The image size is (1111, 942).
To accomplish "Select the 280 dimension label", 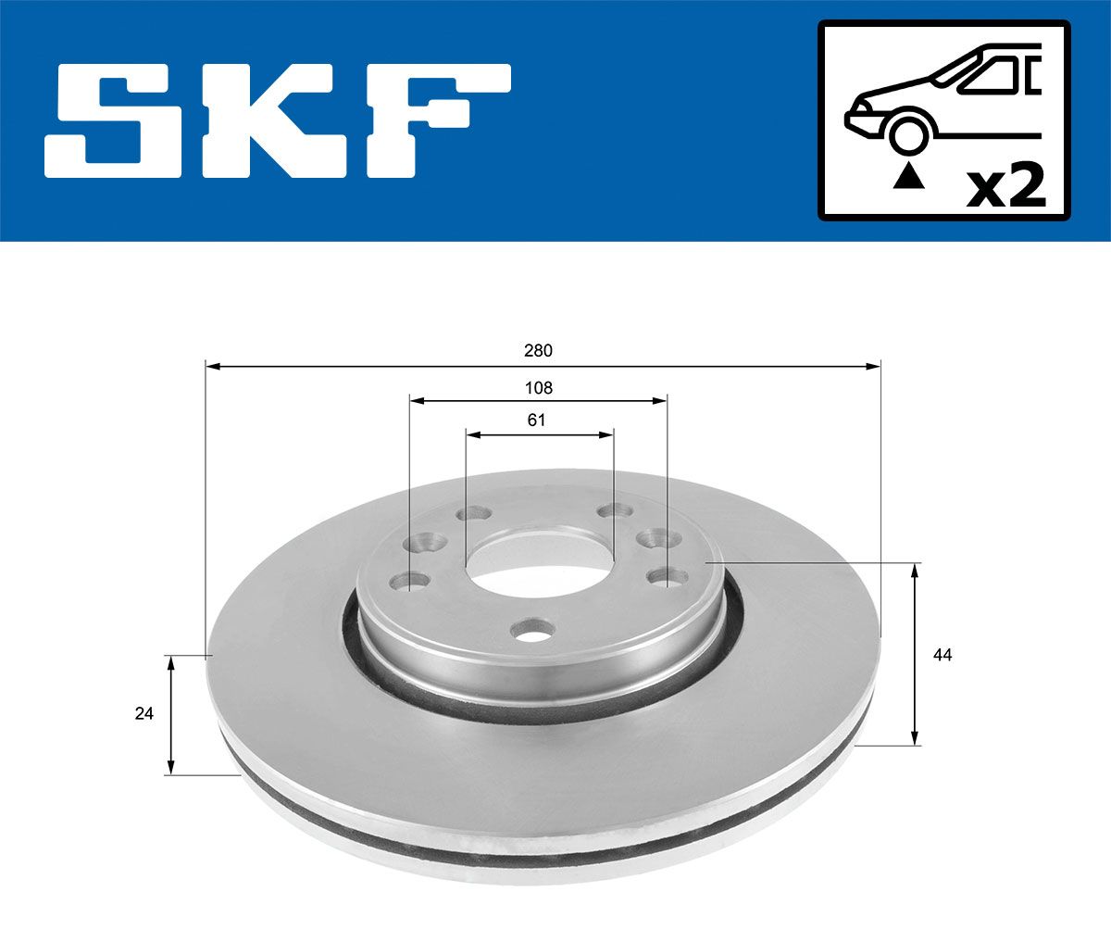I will pos(538,350).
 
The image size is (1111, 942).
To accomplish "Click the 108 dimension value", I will pos(538,387).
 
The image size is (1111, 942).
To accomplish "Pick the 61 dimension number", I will pos(537,420).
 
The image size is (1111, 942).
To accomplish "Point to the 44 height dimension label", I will pos(942,655).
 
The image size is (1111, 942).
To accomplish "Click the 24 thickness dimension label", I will pos(144,713).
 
